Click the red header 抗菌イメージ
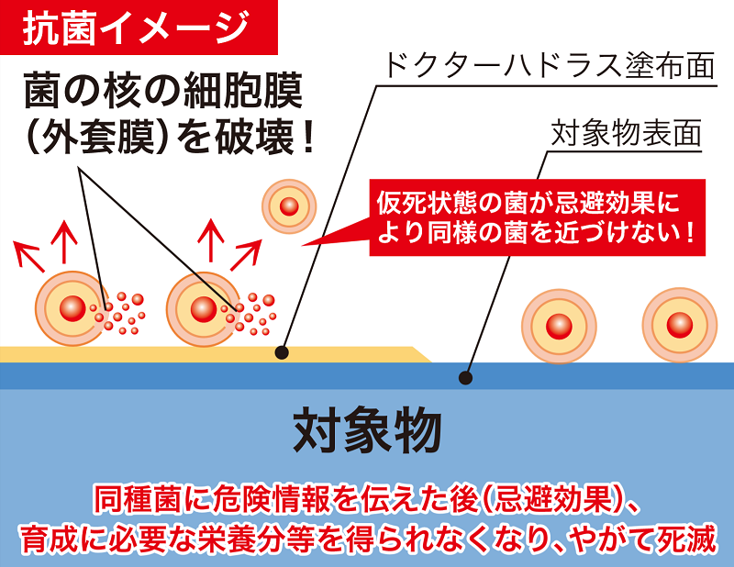[136, 28]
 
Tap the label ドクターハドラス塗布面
[549, 65]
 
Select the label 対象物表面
[627, 133]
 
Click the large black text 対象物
[367, 429]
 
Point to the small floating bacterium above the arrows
[289, 206]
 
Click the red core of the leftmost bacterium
[72, 308]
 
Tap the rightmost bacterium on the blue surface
[679, 325]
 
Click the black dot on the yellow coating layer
[282, 352]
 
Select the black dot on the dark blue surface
[465, 378]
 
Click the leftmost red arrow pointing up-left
[29, 257]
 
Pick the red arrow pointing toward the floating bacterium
[245, 255]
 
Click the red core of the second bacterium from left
[204, 309]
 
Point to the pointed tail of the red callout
[303, 244]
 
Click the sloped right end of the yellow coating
[421, 355]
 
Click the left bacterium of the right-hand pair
[559, 326]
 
